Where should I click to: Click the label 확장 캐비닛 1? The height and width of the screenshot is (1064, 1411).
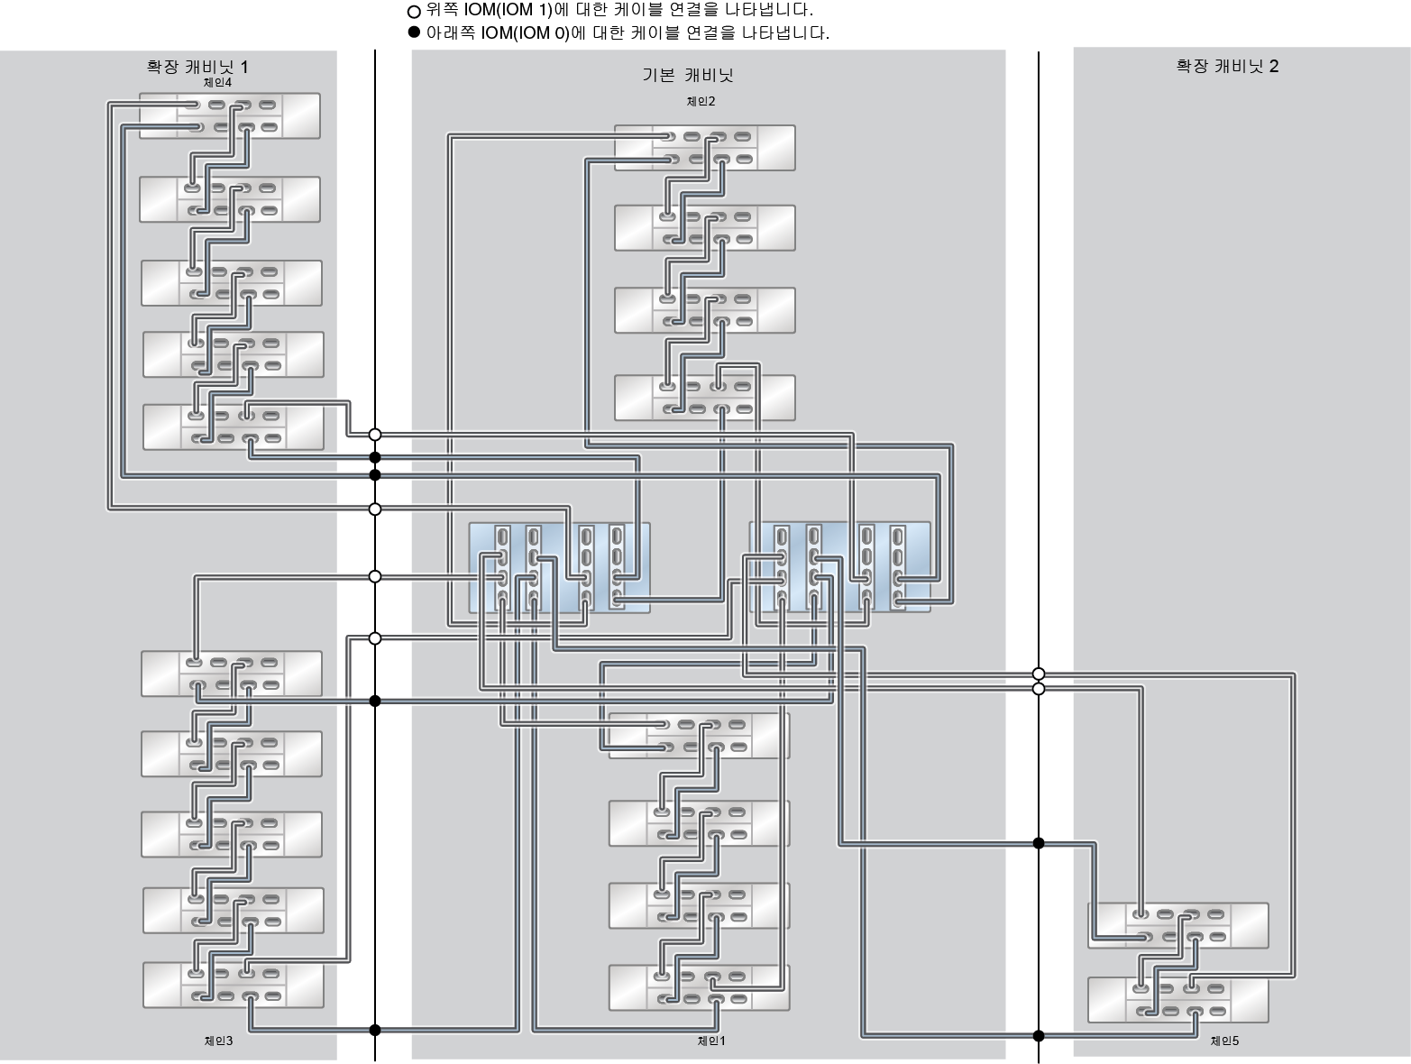pos(197,67)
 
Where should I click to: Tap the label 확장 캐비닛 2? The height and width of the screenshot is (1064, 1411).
pos(1227,66)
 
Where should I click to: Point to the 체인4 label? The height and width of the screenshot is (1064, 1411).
pos(217,83)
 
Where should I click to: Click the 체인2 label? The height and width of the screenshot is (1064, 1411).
pos(701,102)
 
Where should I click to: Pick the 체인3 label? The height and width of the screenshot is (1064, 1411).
pos(218,1041)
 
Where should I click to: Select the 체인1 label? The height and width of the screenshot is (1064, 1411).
pos(711,1041)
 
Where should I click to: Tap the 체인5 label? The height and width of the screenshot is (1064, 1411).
pos(1224,1041)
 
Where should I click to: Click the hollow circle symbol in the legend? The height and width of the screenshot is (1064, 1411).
pos(414,12)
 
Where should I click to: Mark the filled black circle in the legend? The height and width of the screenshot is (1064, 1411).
pos(414,32)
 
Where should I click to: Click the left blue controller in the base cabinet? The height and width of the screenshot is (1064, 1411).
pos(559,568)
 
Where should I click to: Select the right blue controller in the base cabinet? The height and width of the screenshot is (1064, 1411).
pos(839,568)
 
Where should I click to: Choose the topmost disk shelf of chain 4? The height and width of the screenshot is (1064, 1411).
pos(230,115)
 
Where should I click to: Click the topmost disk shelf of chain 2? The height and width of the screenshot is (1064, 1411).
pos(704,148)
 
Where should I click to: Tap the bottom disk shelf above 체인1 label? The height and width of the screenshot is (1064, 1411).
pos(699,987)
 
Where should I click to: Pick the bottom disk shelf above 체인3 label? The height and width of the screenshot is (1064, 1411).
pos(233,985)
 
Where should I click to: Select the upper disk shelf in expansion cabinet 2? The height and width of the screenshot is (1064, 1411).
pos(1177,925)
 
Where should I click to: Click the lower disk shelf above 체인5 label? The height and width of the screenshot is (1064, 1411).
pos(1177,1000)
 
